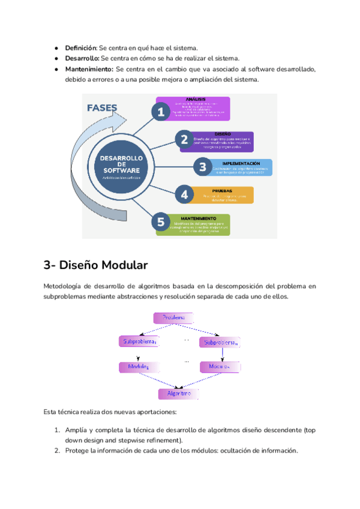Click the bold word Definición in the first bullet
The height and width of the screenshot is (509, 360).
click(x=80, y=47)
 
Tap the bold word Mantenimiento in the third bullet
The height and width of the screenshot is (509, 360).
click(x=89, y=69)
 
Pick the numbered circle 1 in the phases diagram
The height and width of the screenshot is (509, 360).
click(x=159, y=112)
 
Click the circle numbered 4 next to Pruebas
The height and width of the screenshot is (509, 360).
click(x=185, y=194)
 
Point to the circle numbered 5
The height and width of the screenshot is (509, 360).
click(x=160, y=222)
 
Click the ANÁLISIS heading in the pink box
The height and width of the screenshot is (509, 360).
click(x=196, y=99)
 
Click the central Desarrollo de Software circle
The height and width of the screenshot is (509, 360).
click(x=121, y=164)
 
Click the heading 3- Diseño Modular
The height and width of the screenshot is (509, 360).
click(x=95, y=265)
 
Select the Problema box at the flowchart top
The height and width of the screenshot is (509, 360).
click(x=174, y=317)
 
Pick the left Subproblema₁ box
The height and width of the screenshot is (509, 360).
click(x=140, y=342)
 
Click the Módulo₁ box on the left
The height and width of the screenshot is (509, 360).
click(x=138, y=366)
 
